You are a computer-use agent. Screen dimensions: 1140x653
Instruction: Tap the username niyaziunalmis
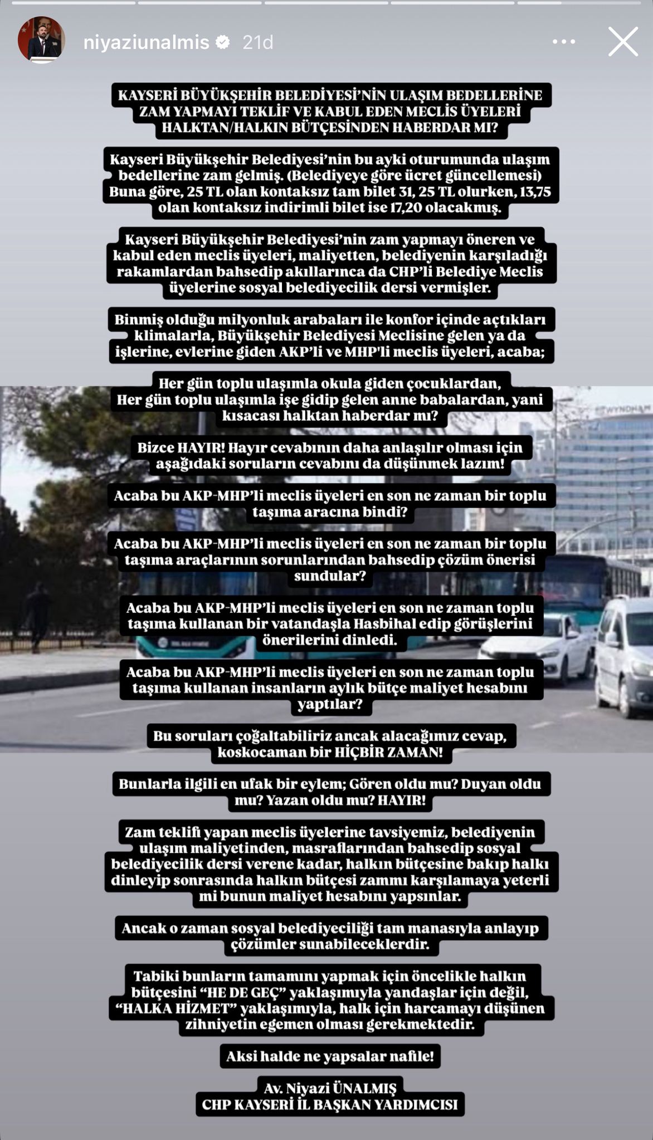click(146, 42)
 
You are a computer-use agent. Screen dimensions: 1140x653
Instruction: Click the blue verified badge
click(223, 42)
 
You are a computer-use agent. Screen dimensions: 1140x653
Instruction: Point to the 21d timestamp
click(257, 42)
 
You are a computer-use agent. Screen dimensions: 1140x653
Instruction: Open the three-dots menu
click(563, 42)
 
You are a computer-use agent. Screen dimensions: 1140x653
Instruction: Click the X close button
click(623, 42)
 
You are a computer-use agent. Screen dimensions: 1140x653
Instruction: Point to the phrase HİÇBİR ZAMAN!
click(388, 752)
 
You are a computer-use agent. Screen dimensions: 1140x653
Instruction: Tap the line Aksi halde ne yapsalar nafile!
click(330, 1056)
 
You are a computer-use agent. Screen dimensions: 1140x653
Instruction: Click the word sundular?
click(330, 576)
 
